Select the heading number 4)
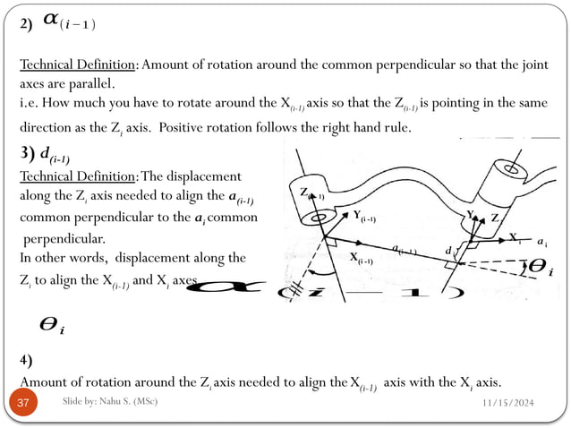coord(27,361)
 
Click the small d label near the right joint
coord(447,252)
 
